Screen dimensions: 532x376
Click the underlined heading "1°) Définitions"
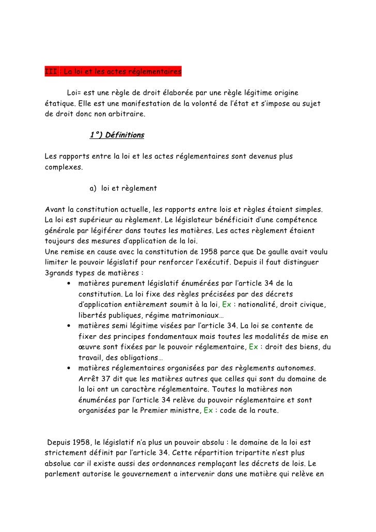pyautogui.click(x=117, y=136)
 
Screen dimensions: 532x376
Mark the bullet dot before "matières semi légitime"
pyautogui.click(x=69, y=326)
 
